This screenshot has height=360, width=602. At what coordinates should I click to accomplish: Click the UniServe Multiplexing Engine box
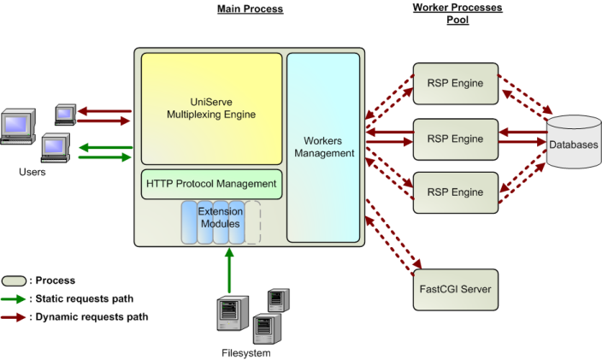coord(211,108)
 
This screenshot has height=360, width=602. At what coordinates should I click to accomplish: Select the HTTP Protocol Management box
coord(211,184)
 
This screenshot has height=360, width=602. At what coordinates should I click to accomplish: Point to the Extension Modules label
coord(220,217)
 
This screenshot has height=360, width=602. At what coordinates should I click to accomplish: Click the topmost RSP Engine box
coord(455,84)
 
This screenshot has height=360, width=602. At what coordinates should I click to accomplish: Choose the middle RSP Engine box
coord(455,139)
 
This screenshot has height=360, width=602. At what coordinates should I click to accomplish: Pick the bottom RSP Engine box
coord(455,192)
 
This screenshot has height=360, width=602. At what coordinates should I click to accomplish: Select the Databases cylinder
coord(573,144)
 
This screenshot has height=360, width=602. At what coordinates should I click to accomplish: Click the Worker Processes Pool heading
coord(457,14)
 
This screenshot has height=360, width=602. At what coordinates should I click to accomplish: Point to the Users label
coord(32,172)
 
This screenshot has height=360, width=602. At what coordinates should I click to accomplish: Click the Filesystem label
coord(245,352)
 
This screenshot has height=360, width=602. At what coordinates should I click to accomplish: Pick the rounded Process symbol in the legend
coord(15,280)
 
